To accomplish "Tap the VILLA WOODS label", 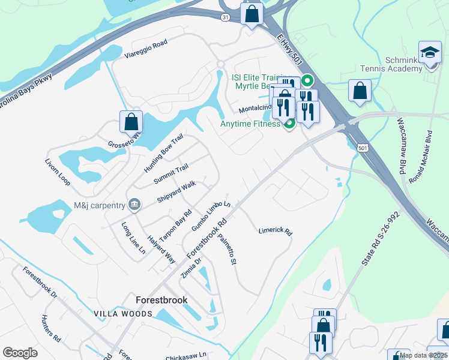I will click(x=118, y=314).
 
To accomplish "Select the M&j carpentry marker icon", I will click(x=134, y=205).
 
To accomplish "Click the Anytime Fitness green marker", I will click(x=289, y=124).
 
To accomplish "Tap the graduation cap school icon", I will click(x=430, y=52).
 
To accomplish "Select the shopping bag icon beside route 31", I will click(x=252, y=13).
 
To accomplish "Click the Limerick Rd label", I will click(x=275, y=231).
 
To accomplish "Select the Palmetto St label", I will click(x=229, y=250).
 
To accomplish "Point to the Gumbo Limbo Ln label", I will click(x=211, y=217).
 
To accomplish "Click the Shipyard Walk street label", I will click(x=176, y=191).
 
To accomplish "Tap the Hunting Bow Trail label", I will click(x=163, y=154).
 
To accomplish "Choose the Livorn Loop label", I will click(x=58, y=172).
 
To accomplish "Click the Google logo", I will click(x=20, y=353).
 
